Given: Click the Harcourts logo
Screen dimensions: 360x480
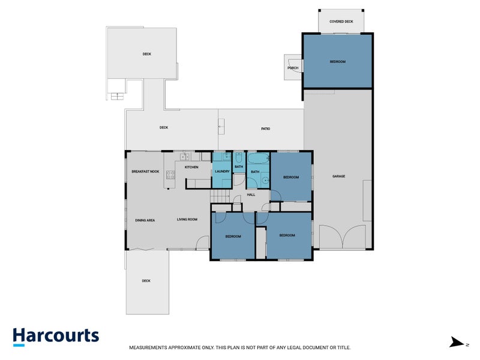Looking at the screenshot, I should point(56,336).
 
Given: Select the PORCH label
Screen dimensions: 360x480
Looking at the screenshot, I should point(293,68).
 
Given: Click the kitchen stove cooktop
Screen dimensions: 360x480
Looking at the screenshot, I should point(170,175).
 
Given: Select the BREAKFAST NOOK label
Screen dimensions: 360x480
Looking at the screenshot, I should point(145,172).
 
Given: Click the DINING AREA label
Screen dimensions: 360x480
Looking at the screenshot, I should point(145,220).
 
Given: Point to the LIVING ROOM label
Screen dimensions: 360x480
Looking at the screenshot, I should point(187,220).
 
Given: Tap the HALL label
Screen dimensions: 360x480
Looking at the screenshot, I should point(251,194).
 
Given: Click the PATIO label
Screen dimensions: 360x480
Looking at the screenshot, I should point(265,128).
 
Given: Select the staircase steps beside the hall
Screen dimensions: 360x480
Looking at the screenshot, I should point(220,197).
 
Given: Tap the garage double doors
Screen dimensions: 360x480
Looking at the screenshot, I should point(342,237).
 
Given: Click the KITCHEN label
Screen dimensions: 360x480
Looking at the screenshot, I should point(191,167).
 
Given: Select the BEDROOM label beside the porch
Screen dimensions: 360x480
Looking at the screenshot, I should point(337,62).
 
